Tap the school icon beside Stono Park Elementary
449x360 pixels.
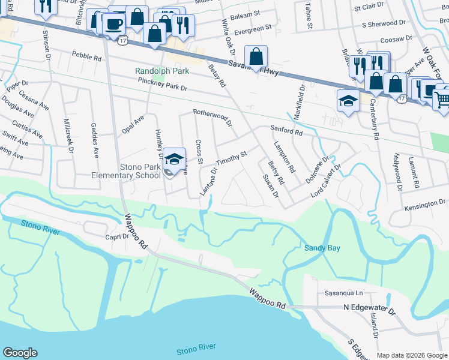click(174, 159)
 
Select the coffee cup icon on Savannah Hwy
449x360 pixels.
click(113, 25)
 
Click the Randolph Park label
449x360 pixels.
click(162, 71)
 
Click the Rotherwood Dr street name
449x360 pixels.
click(212, 116)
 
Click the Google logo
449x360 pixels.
click(20, 353)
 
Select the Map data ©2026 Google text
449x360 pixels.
click(412, 355)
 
